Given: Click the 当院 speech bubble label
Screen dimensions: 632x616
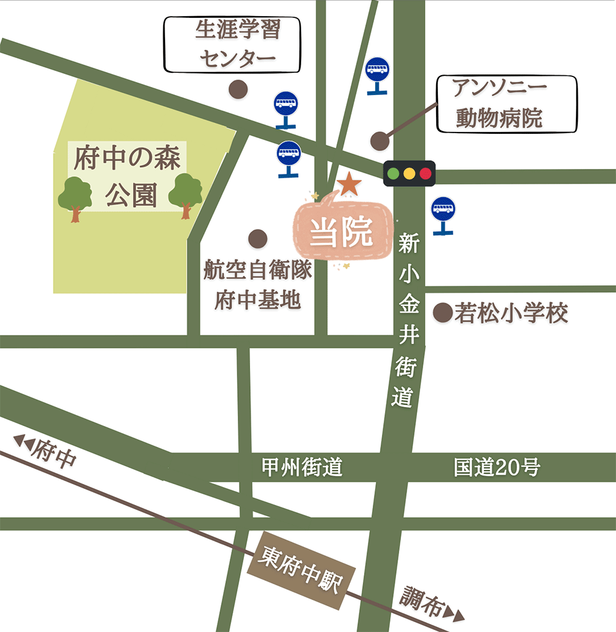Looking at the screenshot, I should (342, 233).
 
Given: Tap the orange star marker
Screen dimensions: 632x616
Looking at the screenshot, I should (349, 184).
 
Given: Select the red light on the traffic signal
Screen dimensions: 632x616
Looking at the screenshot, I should (425, 173).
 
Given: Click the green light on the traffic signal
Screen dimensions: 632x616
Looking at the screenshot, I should (393, 173).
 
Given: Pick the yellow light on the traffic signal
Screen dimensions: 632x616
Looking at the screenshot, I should (409, 173).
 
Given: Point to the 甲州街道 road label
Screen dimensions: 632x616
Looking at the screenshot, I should (302, 468).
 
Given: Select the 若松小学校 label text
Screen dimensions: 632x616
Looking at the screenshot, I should (511, 314).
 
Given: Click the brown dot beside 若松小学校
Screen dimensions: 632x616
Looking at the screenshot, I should (442, 313).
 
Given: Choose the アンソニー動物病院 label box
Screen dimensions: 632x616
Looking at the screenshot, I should (506, 104).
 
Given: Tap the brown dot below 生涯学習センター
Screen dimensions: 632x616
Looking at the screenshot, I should (238, 89).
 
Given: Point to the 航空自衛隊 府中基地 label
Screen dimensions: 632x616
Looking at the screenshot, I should (257, 285).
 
